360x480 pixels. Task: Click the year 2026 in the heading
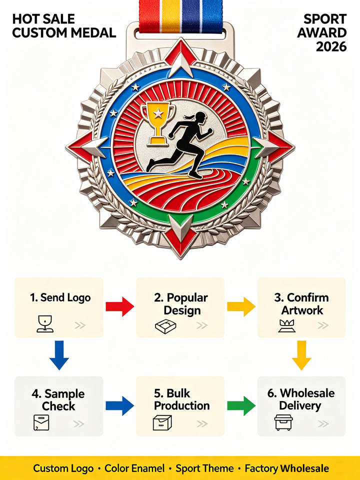coord(331,46)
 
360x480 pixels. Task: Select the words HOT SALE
coord(43,19)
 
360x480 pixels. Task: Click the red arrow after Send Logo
coord(119,306)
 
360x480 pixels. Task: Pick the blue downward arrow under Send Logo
coord(59,355)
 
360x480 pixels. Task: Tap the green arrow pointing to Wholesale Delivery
coord(241,405)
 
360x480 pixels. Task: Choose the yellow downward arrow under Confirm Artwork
coord(301,355)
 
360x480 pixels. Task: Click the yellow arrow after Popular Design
coord(241,306)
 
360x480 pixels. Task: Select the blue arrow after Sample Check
coord(119,405)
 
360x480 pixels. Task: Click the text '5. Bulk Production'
coord(182,399)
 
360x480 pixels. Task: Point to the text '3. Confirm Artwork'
coord(302,303)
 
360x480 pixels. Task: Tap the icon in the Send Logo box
coord(45,324)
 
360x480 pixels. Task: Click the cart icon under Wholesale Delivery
coord(283,422)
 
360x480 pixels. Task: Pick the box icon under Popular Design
coord(165,326)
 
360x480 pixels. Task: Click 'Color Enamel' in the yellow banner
coord(134,468)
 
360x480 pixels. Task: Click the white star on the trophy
coord(158,113)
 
